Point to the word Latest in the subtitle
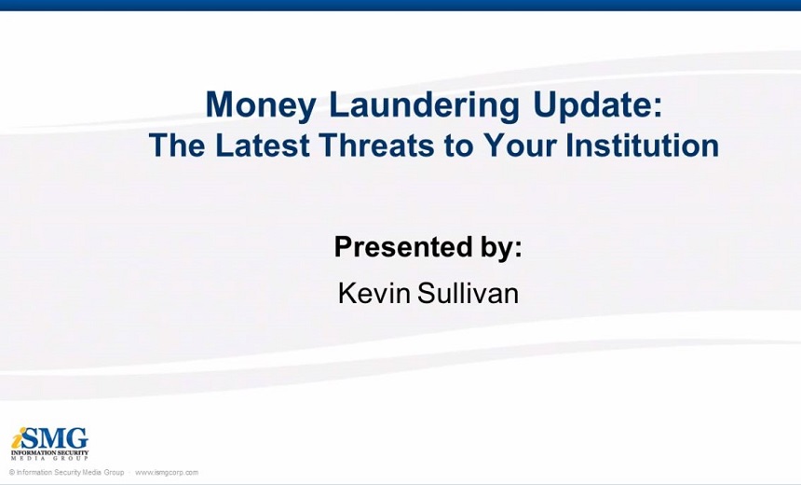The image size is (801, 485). point(262,145)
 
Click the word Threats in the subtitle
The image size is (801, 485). point(377,145)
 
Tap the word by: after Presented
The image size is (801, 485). point(501,247)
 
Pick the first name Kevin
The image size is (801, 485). point(373,294)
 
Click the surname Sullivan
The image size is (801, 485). point(468,294)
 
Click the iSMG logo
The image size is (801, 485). point(49,444)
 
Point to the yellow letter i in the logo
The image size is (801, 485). point(18,438)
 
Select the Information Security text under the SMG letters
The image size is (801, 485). point(49,452)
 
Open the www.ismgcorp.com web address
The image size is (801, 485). point(167,473)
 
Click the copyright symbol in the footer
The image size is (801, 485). point(12,473)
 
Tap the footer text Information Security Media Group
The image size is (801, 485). point(70,473)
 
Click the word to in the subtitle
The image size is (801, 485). point(459,145)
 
